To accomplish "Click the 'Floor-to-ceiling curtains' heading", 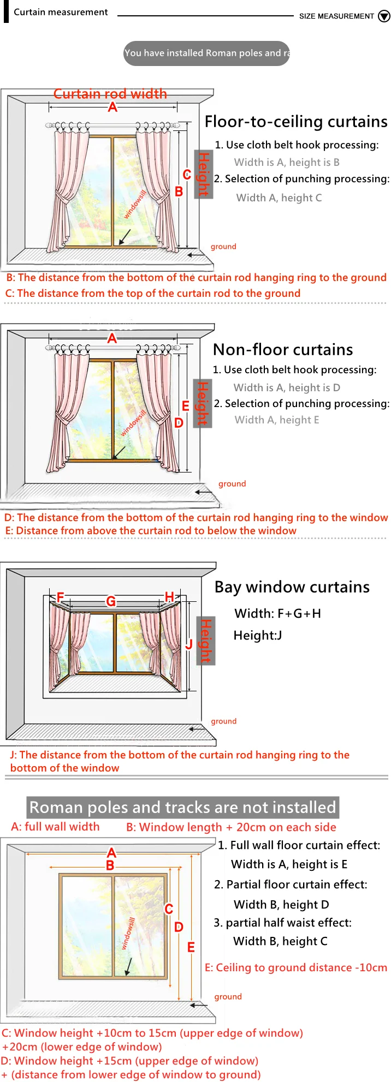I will [x=296, y=122].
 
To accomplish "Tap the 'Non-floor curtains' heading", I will [x=283, y=350].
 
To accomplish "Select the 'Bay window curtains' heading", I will [x=292, y=587].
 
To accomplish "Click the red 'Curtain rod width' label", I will [x=110, y=94].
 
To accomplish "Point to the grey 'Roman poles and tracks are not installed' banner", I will [x=183, y=807].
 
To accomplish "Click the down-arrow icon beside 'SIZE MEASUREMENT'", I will [x=384, y=16].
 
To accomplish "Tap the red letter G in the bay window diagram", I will [x=111, y=601].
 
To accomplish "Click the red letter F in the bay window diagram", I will [x=60, y=597].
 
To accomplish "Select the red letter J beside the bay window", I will [x=189, y=644].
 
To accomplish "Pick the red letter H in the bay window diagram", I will [x=169, y=597].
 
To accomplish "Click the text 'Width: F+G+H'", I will [x=277, y=613].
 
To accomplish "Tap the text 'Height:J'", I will [x=258, y=635].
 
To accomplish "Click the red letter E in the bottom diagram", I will [x=191, y=947].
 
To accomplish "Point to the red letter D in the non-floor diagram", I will [x=179, y=422].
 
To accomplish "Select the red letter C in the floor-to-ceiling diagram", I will [x=187, y=175].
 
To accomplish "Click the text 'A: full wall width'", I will [x=55, y=827].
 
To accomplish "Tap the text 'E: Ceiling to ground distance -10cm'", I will [x=295, y=967].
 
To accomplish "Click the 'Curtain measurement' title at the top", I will [x=61, y=12].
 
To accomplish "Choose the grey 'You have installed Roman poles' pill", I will [x=206, y=53].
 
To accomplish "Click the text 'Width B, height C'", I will [x=280, y=941].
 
